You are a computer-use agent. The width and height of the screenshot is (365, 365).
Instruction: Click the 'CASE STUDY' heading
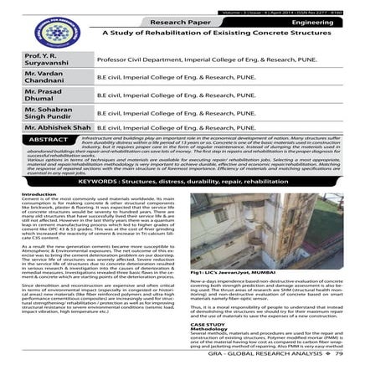[206, 324]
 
